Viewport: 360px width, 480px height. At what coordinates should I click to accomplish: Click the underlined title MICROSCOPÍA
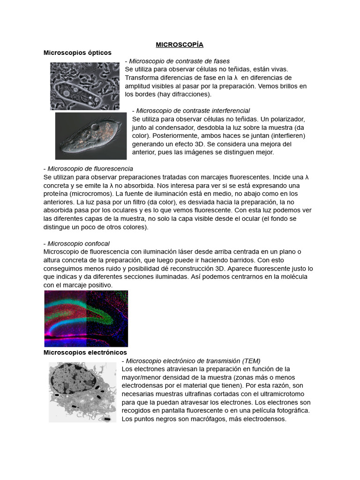coord(180,45)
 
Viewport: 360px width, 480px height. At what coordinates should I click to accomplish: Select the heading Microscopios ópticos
coord(77,52)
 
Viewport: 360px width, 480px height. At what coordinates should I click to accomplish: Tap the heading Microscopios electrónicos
coord(85,352)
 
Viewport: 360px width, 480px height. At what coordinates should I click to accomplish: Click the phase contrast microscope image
coord(84,86)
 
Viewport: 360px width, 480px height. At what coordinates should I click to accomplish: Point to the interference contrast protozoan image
coord(90,136)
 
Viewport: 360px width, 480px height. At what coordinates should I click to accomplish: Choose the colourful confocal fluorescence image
coord(86,318)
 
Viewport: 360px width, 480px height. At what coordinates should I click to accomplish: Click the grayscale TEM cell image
coord(82,392)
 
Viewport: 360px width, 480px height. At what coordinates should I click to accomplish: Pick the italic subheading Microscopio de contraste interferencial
coord(193,111)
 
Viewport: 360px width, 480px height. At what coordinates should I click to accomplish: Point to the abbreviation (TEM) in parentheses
coord(251,361)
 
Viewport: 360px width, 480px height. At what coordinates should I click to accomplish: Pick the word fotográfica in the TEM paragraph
coord(290,411)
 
